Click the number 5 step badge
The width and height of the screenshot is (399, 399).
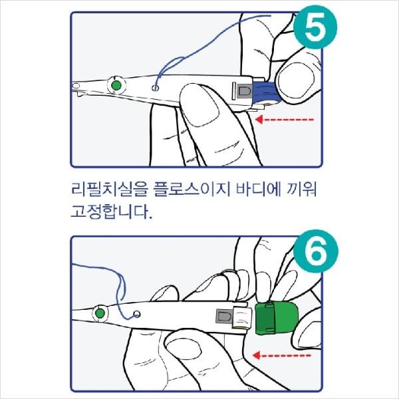315,27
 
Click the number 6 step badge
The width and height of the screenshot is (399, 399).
316,251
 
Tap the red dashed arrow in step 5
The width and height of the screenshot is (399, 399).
284,119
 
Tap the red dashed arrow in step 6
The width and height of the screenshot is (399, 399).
282,355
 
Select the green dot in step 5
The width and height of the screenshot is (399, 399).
116,86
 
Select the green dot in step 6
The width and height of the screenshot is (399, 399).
100,313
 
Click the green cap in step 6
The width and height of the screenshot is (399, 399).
277,318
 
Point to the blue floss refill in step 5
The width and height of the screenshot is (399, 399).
267,92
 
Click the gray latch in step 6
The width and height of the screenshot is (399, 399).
224,317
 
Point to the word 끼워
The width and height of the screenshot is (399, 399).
302,190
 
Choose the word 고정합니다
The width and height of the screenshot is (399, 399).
112,211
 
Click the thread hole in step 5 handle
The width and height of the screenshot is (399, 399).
155,88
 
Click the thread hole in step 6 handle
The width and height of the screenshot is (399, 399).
137,315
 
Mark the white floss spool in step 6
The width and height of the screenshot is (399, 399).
242,317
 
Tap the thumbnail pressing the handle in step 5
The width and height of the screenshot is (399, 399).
201,109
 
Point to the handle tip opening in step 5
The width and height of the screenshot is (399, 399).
76,86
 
